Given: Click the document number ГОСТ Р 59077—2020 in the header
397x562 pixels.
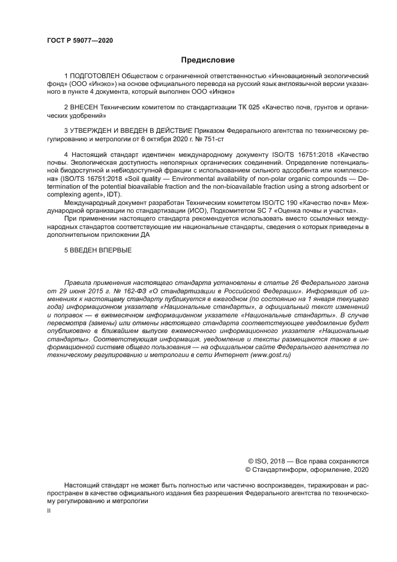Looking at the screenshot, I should [x=79, y=41].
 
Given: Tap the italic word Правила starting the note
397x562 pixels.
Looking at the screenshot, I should [x=78, y=281].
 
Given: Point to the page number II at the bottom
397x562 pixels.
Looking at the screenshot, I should [x=49, y=510].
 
